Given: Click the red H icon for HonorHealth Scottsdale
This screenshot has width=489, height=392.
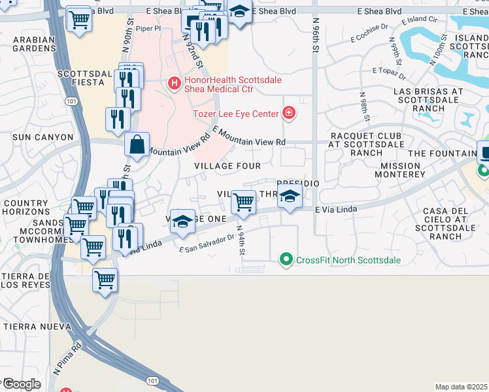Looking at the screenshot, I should click(174, 84).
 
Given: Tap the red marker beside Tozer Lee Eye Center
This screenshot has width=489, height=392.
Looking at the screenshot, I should click(288, 114).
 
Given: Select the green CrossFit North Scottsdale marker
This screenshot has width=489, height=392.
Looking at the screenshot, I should click(286, 260).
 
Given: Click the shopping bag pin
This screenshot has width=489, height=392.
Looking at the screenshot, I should click(137, 146).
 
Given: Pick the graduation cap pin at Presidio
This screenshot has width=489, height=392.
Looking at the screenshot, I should click(290, 197).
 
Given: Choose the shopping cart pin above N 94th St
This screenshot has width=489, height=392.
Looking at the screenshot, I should click(243, 203).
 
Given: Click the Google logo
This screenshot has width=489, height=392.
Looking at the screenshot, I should click(22, 384).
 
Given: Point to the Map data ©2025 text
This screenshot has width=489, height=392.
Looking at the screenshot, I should click(461, 387).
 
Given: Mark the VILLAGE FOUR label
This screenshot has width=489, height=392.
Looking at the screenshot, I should click(228, 166).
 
